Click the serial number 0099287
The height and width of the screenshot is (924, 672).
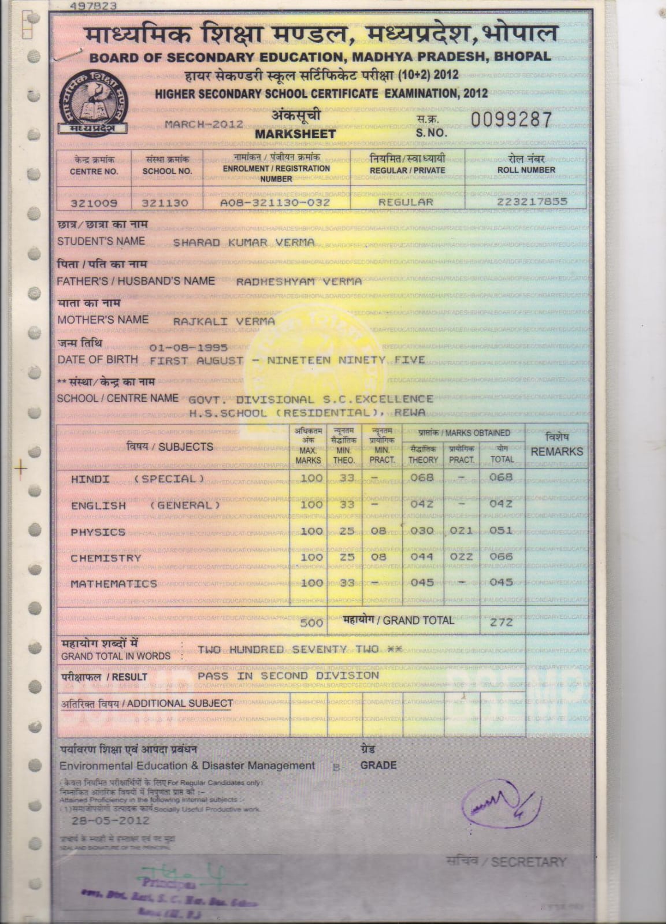511,120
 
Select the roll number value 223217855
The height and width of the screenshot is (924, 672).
532,202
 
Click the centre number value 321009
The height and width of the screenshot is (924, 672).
94,203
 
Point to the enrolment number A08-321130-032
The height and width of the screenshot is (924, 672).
275,203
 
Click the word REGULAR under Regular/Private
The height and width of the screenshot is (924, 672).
406,202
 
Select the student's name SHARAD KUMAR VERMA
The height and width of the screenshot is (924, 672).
244,243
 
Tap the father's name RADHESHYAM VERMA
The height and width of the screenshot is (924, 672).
299,281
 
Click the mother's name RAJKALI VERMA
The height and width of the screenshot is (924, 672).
224,321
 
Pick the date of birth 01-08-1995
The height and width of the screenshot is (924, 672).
188,348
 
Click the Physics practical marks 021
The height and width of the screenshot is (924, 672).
461,530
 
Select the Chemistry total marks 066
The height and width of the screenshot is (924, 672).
501,556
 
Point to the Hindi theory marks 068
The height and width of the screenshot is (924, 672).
422,478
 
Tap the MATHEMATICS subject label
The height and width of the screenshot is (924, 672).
114,584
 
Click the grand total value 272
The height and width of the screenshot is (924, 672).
501,622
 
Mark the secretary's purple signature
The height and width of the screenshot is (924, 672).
500,805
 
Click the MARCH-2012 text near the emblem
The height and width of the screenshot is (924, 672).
203,124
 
